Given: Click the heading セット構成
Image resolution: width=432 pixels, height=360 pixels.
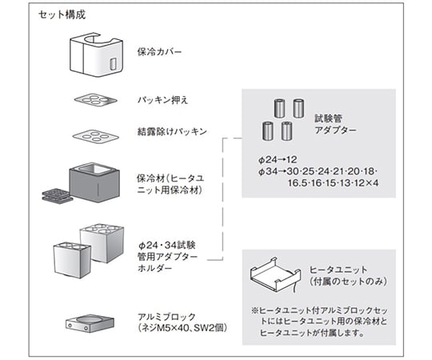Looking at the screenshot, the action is tap(62, 15).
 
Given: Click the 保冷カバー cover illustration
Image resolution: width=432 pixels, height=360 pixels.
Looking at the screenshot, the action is tap(96, 54).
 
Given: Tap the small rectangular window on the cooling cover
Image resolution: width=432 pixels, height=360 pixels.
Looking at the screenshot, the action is tap(113, 64).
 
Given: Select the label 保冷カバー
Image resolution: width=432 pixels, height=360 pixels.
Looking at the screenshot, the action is tap(160, 52).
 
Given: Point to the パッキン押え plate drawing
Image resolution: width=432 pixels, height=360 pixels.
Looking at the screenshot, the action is tap(96, 100).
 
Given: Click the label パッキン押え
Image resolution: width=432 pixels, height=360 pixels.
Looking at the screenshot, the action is tap(163, 100).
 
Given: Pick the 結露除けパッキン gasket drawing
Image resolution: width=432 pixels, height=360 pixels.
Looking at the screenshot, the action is tap(96, 136).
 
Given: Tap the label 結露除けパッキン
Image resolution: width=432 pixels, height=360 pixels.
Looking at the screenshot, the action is tap(172, 131).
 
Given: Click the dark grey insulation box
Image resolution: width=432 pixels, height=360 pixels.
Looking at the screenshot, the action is tap(94, 182).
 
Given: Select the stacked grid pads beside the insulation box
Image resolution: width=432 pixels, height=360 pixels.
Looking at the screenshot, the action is tap(56, 196).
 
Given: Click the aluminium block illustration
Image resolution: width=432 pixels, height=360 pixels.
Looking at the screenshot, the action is tap(90, 323).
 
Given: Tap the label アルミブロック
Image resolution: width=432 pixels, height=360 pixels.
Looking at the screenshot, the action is tap(166, 317).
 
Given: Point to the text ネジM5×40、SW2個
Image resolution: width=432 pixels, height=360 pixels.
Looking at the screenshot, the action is tap(182, 328).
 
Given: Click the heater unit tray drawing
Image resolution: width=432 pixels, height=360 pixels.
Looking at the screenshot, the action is tap(275, 274).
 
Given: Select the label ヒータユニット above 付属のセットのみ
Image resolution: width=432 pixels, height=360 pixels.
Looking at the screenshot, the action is tap(338, 270).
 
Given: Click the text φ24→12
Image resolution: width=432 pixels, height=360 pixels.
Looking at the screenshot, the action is tap(278, 159).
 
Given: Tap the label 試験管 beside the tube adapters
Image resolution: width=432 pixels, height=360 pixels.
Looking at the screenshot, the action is tap(329, 118).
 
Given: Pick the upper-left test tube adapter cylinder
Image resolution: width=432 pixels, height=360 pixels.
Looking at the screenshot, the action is tap(280, 108).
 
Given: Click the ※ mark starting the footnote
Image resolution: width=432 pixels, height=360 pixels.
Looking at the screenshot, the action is tap(254, 311).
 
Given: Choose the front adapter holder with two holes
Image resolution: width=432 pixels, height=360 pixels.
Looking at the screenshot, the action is tap(72, 260).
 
